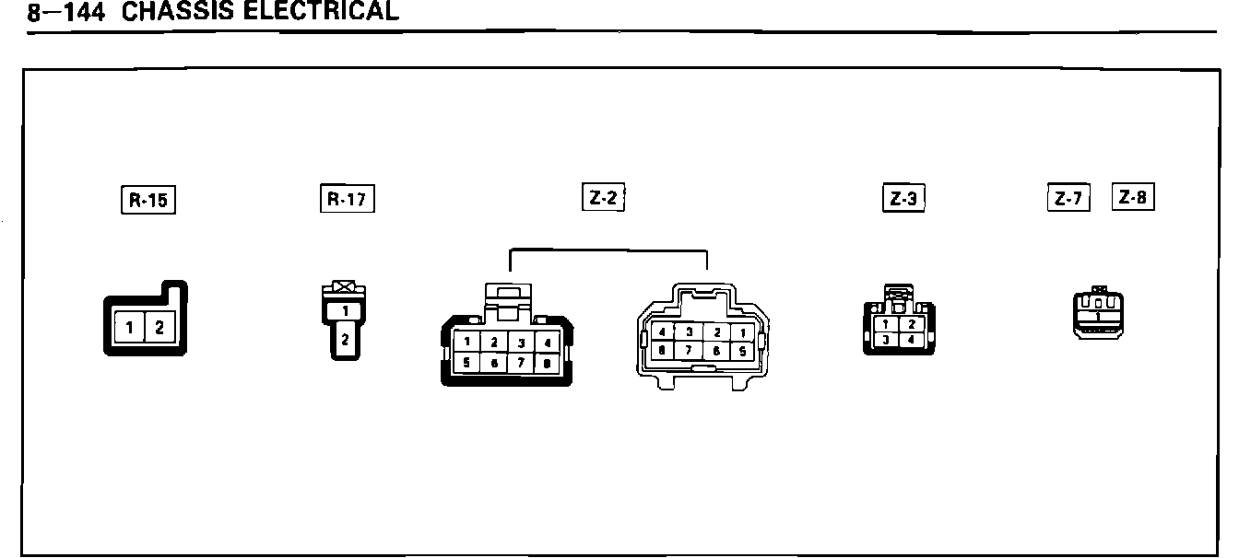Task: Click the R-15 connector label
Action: pyautogui.click(x=147, y=200)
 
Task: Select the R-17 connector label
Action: pyautogui.click(x=348, y=199)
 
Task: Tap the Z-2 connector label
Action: pyautogui.click(x=603, y=198)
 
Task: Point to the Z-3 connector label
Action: pyautogui.click(x=903, y=199)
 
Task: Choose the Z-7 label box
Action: pyautogui.click(x=1068, y=198)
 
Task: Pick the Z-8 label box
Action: pyautogui.click(x=1133, y=197)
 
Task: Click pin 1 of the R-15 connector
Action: pyautogui.click(x=131, y=326)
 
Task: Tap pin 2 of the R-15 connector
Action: pyautogui.click(x=159, y=326)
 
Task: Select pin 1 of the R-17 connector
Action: pyautogui.click(x=345, y=311)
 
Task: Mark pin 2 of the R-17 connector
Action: pyautogui.click(x=345, y=340)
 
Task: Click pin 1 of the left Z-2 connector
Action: pyautogui.click(x=467, y=343)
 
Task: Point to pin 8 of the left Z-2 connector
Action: pyautogui.click(x=547, y=364)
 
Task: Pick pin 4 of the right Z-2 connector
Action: pyautogui.click(x=662, y=332)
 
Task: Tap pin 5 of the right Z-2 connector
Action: pyautogui.click(x=741, y=351)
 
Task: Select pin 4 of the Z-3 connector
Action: pyautogui.click(x=912, y=340)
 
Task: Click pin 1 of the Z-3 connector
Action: pyautogui.click(x=886, y=324)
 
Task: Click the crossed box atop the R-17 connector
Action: pyautogui.click(x=345, y=287)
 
